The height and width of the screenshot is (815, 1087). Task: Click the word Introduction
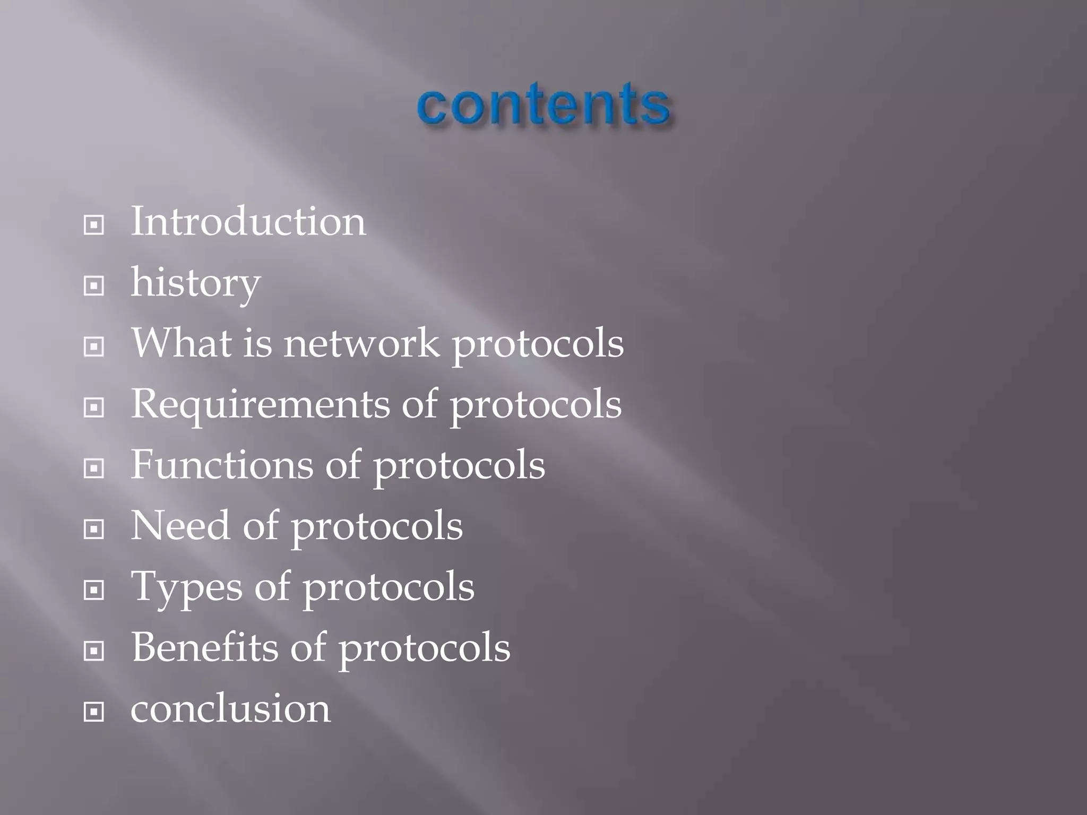point(248,221)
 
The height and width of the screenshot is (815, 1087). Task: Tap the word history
point(195,283)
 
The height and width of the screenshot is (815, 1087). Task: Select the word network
point(361,343)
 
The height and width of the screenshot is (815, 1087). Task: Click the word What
point(181,343)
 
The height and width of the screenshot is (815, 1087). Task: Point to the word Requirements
point(260,404)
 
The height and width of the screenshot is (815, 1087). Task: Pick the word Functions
point(222,465)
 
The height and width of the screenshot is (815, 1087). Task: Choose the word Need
point(180,526)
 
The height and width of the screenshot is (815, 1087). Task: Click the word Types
point(186,587)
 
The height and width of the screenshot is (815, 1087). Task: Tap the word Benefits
point(204,647)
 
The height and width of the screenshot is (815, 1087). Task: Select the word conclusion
point(230,709)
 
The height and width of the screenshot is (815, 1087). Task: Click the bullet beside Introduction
point(94,226)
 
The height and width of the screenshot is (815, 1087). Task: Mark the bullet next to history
point(94,287)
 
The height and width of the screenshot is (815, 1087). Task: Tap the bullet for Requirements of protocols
point(94,408)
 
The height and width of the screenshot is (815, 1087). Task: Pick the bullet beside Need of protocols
point(94,530)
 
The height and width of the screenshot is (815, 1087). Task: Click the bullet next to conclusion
point(94,712)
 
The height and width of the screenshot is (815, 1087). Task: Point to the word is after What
point(257,343)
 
